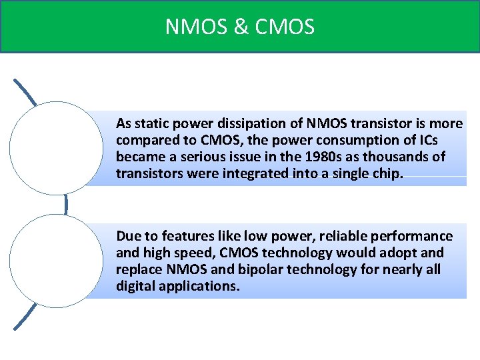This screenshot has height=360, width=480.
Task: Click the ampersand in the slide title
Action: [239, 27]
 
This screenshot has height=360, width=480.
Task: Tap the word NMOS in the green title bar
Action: [197, 27]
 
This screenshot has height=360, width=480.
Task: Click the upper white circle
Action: [57, 148]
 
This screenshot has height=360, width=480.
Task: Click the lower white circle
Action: [57, 261]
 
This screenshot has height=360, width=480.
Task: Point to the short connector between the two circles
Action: [67, 204]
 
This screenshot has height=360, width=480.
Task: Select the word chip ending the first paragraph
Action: [389, 174]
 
